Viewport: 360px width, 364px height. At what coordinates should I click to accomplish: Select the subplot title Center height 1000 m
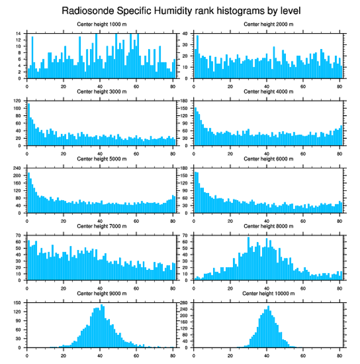pos(101,24)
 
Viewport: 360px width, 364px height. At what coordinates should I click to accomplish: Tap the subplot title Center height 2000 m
pos(268,24)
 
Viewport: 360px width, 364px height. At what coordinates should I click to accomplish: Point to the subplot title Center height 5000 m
pos(101,159)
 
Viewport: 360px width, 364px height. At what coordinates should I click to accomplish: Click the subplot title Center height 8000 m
pos(268,226)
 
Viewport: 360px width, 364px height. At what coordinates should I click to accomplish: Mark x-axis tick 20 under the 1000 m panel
pos(64,87)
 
